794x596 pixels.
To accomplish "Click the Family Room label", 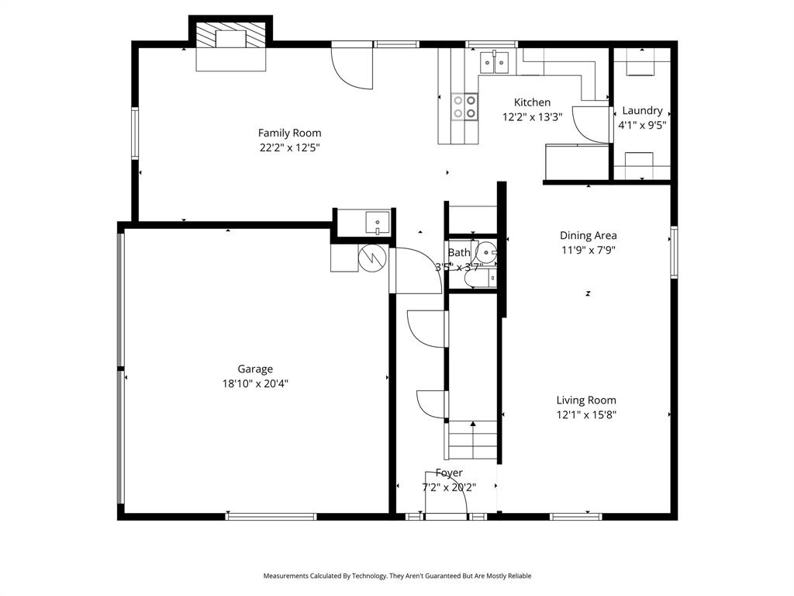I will [x=289, y=133].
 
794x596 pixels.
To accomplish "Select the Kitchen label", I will [x=532, y=102].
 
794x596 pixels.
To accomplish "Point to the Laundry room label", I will [x=642, y=110].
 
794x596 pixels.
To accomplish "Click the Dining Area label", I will [x=588, y=235].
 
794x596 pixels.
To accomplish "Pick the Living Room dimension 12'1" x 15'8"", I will [x=586, y=414].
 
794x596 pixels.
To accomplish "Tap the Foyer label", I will [x=449, y=473].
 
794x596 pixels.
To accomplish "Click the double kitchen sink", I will [x=494, y=61].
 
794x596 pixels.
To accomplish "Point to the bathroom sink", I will [x=487, y=251].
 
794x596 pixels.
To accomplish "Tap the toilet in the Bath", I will [x=485, y=278].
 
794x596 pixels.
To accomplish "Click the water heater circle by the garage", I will [x=371, y=256].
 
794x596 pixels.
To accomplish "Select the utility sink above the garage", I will [x=377, y=222].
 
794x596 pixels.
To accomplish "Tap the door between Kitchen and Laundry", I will [x=592, y=124].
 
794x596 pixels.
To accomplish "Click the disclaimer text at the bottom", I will [x=397, y=576].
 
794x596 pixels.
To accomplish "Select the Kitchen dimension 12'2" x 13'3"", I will [x=532, y=117].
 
